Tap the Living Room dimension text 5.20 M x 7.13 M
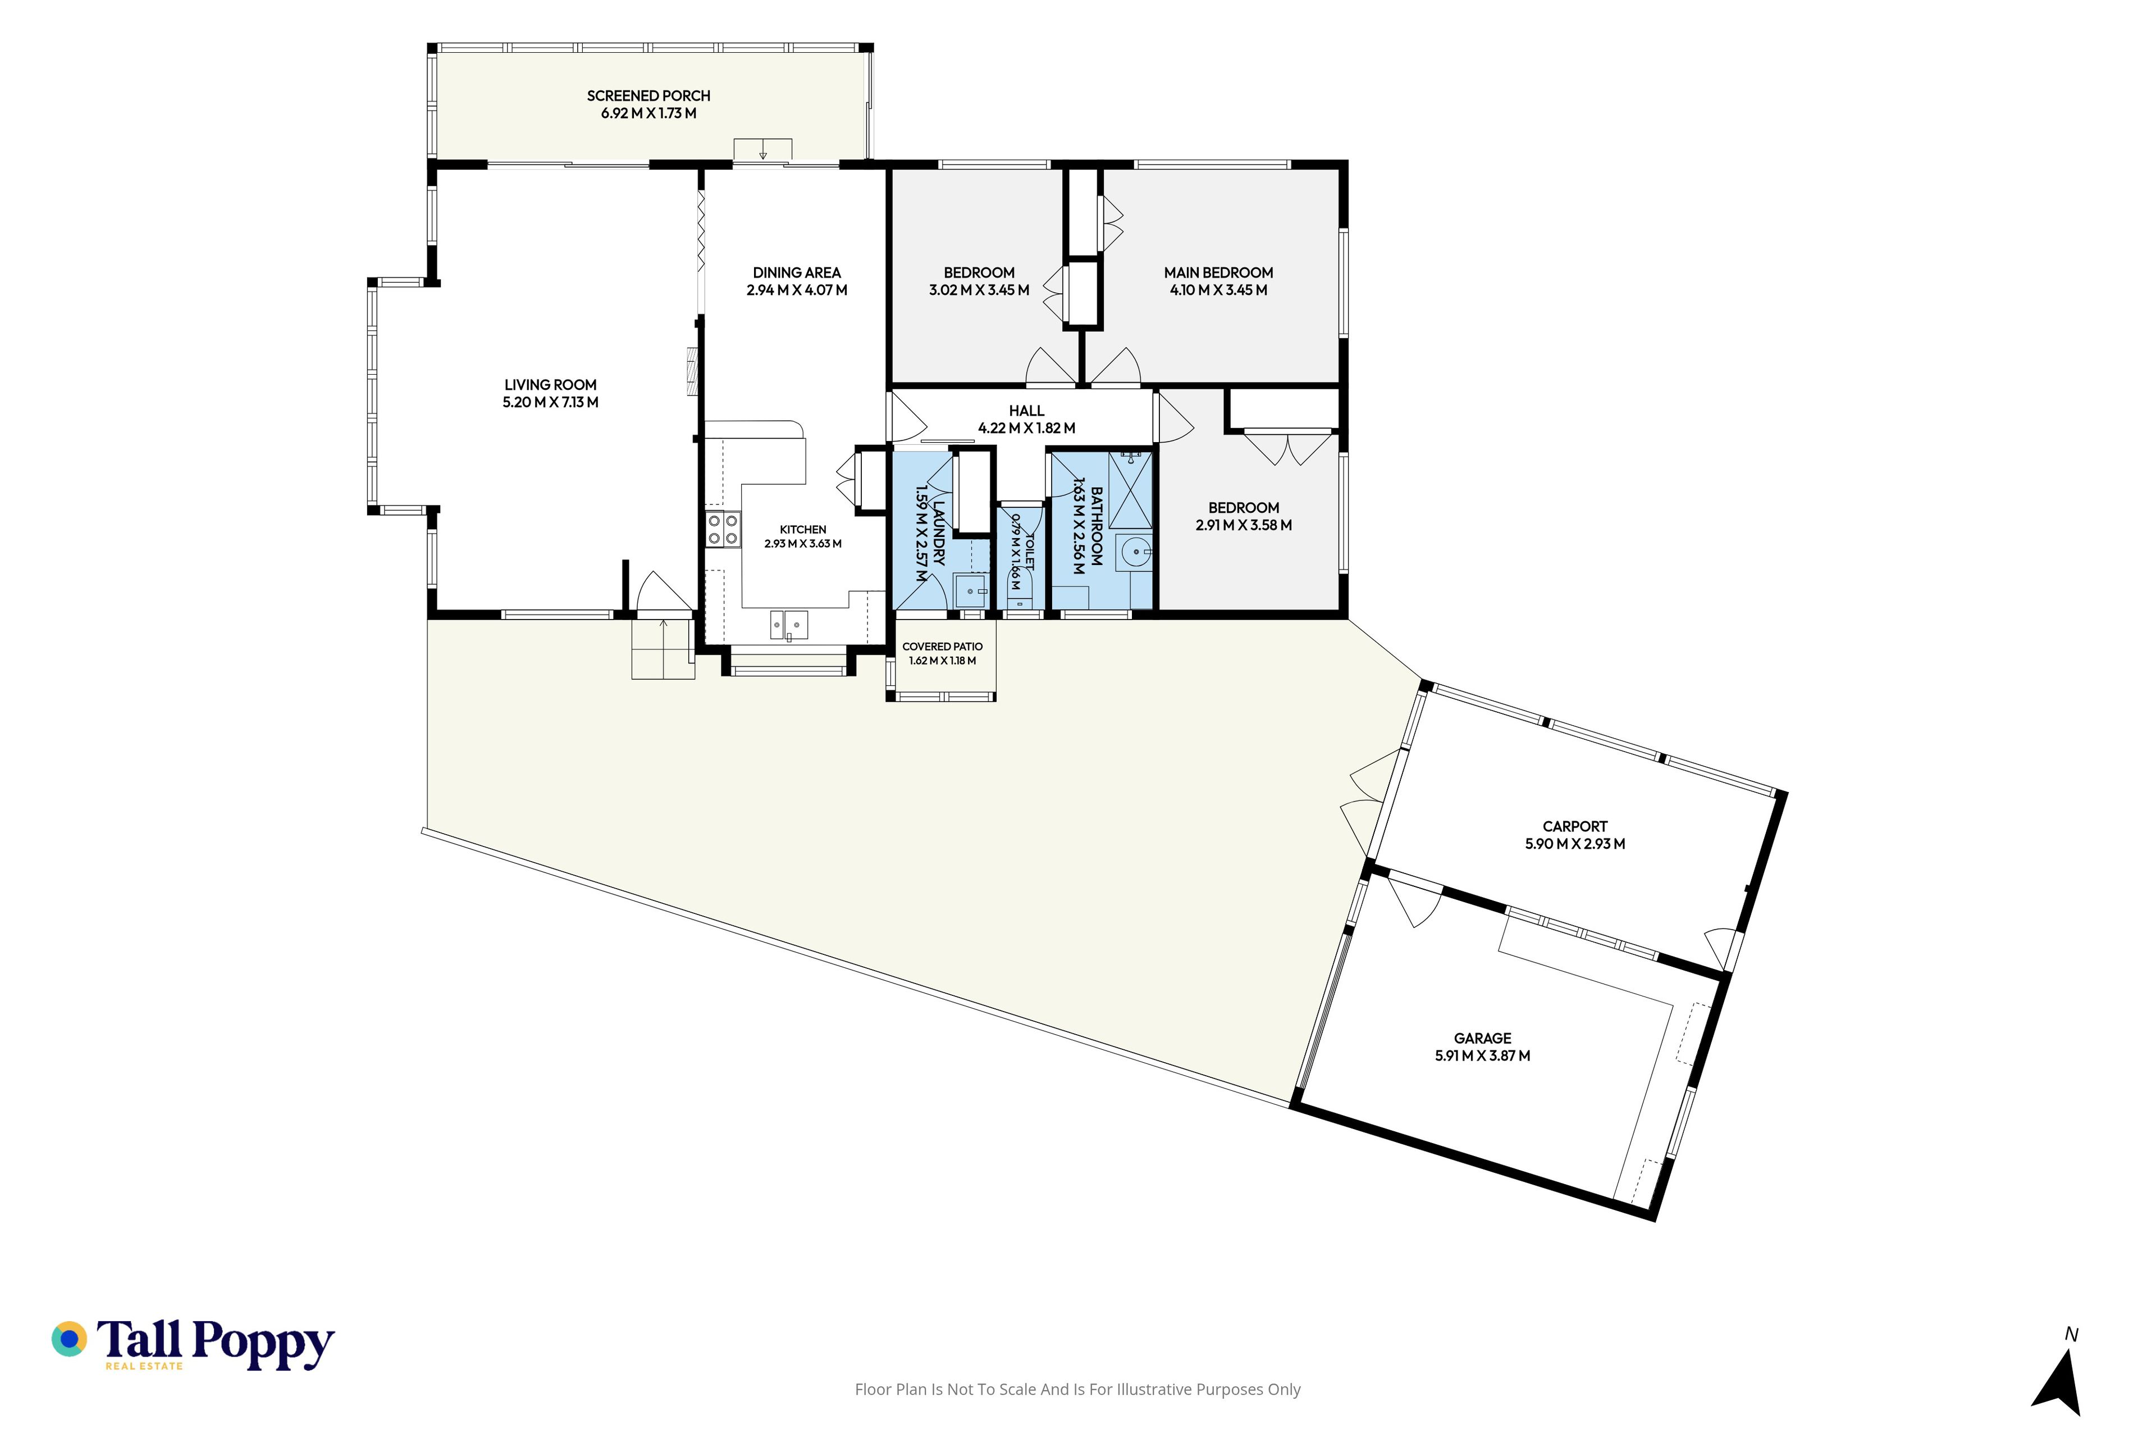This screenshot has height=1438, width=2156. pyautogui.click(x=550, y=403)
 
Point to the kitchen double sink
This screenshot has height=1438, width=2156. pyautogui.click(x=788, y=625)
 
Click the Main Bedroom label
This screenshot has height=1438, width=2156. pyautogui.click(x=1218, y=272)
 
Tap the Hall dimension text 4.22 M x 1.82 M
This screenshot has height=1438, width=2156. pyautogui.click(x=1027, y=428)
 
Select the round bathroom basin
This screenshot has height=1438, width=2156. pyautogui.click(x=1135, y=552)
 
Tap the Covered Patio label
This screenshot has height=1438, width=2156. pyautogui.click(x=942, y=647)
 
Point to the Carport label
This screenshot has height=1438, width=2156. pyautogui.click(x=1575, y=826)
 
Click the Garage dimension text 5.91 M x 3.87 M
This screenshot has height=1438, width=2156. pyautogui.click(x=1482, y=1055)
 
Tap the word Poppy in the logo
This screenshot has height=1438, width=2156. pyautogui.click(x=264, y=1344)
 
